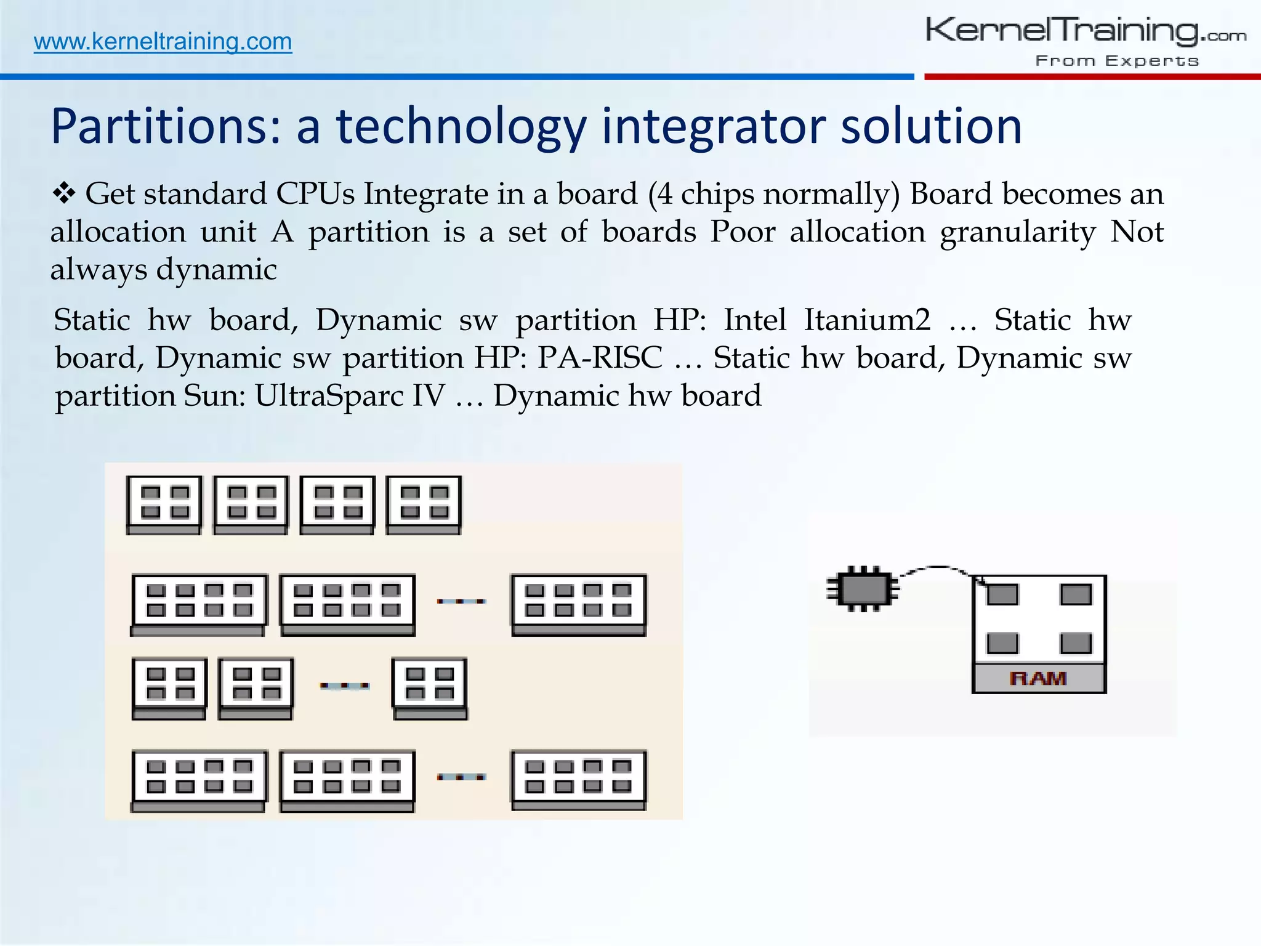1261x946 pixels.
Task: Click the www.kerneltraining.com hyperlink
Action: click(x=163, y=42)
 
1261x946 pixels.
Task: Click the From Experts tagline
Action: click(x=1116, y=61)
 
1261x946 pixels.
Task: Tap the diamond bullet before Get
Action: click(x=63, y=194)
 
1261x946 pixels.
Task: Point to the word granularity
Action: click(x=1017, y=232)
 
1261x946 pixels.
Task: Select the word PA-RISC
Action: click(x=600, y=358)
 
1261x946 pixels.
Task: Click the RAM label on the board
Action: click(x=1038, y=679)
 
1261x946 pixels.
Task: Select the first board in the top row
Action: click(x=164, y=504)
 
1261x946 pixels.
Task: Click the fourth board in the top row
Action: click(x=424, y=504)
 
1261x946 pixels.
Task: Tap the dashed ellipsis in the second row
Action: click(x=461, y=601)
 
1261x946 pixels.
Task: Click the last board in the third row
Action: click(x=430, y=688)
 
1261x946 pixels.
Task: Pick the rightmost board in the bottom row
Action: click(x=579, y=779)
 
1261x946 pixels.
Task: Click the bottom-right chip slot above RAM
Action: click(x=1075, y=643)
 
